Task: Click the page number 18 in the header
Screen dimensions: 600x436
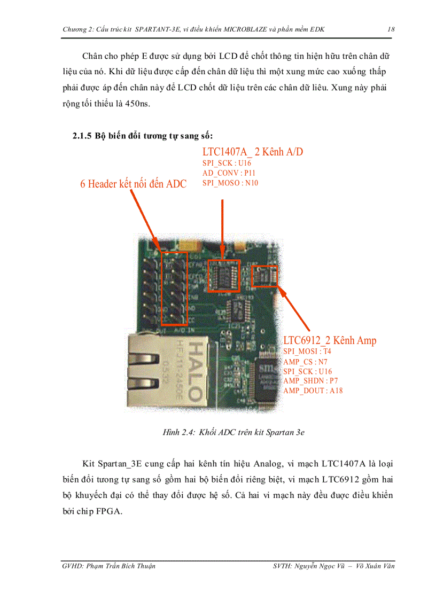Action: pyautogui.click(x=391, y=29)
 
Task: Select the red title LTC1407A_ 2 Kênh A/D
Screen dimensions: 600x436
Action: pyautogui.click(x=253, y=152)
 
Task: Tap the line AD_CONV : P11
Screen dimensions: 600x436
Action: pyautogui.click(x=229, y=173)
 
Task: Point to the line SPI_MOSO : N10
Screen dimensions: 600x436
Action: pyautogui.click(x=230, y=183)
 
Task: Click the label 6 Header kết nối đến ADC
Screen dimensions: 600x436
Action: pyautogui.click(x=134, y=184)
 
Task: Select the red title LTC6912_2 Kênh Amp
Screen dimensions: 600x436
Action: pyautogui.click(x=330, y=340)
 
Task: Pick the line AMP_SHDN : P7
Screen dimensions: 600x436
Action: pyautogui.click(x=310, y=381)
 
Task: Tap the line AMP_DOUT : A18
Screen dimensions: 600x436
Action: pyautogui.click(x=313, y=391)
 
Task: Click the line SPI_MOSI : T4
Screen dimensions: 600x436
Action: pyautogui.click(x=307, y=351)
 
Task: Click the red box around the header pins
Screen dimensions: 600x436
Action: pyautogui.click(x=174, y=289)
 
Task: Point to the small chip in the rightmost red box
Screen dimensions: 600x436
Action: pyautogui.click(x=265, y=276)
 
